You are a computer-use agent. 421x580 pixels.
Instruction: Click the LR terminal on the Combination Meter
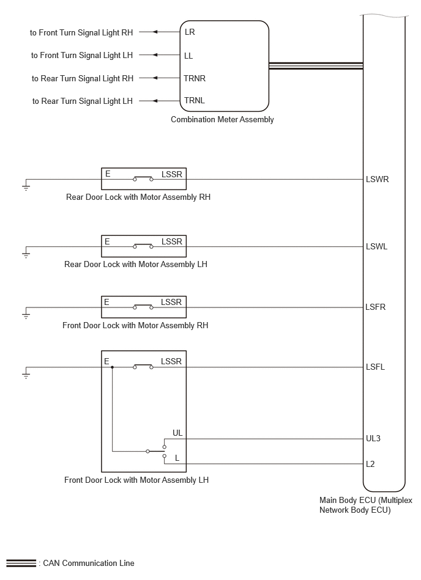point(190,32)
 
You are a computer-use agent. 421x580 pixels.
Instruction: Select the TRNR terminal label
point(195,78)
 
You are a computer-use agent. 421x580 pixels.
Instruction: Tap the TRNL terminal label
point(195,101)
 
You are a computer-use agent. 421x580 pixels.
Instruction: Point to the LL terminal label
point(188,56)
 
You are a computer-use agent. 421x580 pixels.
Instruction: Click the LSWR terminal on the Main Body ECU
point(378,180)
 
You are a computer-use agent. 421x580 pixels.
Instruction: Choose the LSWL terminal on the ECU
point(376,247)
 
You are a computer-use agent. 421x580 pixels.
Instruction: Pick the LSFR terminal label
point(376,307)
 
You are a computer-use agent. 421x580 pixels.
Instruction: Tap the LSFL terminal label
point(376,367)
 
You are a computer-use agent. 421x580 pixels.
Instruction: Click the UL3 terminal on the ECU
point(373,439)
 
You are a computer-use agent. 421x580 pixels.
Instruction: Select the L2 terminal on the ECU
point(370,464)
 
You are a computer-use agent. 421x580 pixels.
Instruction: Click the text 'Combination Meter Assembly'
point(222,119)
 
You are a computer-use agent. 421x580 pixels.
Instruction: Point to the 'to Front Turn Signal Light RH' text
point(81,32)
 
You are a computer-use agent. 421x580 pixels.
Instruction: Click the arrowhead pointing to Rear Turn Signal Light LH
point(155,101)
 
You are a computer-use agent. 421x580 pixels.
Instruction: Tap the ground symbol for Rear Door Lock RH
point(26,185)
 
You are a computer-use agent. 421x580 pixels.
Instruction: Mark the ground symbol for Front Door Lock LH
point(26,373)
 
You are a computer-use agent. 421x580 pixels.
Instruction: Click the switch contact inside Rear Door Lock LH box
point(143,246)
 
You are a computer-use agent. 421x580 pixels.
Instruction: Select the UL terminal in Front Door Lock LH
point(177,433)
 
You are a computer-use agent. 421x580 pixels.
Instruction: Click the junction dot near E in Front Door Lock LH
point(112,367)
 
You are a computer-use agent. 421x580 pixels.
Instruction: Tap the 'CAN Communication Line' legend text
point(89,563)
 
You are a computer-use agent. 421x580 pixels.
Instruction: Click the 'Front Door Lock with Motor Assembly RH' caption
point(135,326)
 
